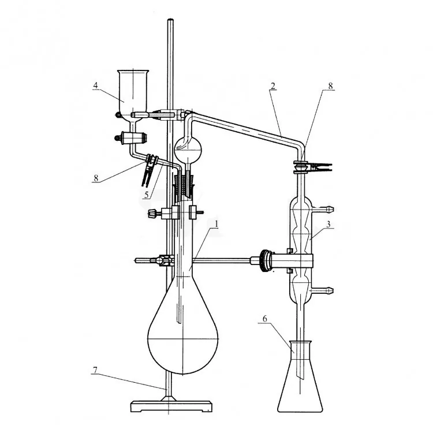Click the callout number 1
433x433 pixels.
click(x=216, y=224)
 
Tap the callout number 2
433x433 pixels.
click(x=273, y=86)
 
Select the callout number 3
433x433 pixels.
click(x=329, y=224)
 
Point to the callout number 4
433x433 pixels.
click(x=95, y=85)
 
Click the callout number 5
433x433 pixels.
click(x=147, y=195)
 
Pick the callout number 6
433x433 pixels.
click(x=264, y=319)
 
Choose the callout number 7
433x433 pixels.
click(x=95, y=370)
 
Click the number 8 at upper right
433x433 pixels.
click(x=331, y=86)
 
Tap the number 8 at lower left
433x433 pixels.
click(x=96, y=178)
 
